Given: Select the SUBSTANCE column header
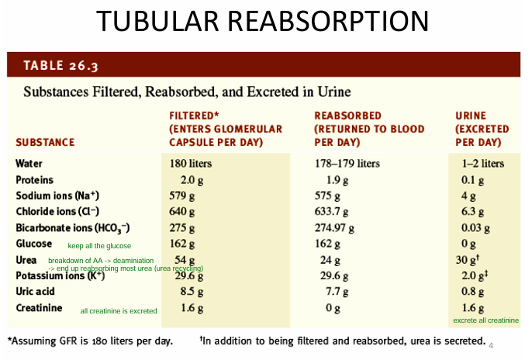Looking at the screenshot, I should (x=45, y=143).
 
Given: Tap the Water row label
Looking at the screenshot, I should (x=29, y=164).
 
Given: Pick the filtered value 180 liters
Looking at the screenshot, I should (x=191, y=164).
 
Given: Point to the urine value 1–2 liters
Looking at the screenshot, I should (x=482, y=164).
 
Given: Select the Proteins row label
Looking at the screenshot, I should (x=35, y=180).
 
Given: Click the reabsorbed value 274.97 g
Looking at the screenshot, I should (x=338, y=228).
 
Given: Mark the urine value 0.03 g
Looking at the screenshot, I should (x=476, y=228).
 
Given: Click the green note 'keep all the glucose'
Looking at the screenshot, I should (x=99, y=246).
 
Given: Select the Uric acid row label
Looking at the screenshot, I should (x=36, y=292).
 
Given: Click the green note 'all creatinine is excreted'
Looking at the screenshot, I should (x=119, y=311).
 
